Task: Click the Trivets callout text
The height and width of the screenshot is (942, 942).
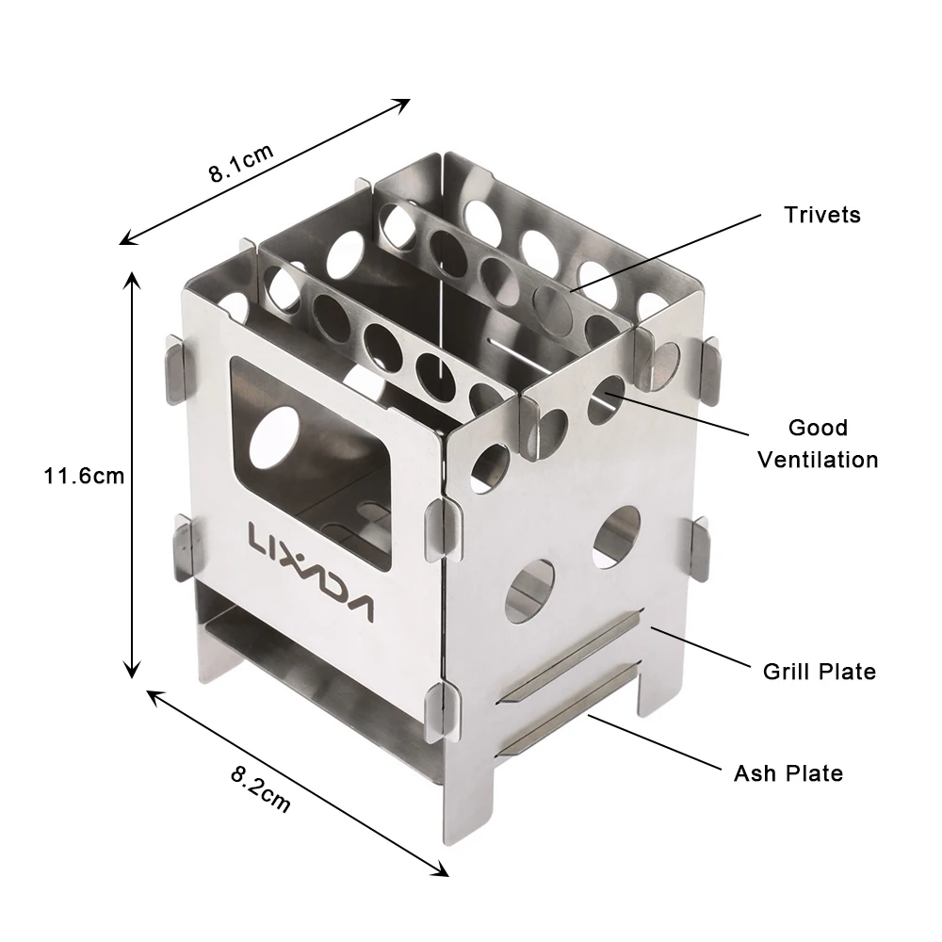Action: click(x=822, y=215)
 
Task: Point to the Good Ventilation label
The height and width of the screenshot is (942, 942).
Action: click(x=818, y=444)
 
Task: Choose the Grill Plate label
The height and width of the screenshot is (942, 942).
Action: click(x=819, y=672)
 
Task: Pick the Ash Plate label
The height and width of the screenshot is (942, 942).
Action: click(x=788, y=773)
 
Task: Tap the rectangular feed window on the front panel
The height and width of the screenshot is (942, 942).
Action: click(x=311, y=462)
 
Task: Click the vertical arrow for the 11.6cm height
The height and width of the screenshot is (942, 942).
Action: click(x=134, y=476)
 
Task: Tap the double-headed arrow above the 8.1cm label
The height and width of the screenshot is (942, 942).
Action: click(x=265, y=171)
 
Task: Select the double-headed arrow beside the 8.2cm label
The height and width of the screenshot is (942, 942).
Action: click(x=297, y=782)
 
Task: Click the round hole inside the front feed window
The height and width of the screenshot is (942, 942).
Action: click(x=276, y=436)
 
